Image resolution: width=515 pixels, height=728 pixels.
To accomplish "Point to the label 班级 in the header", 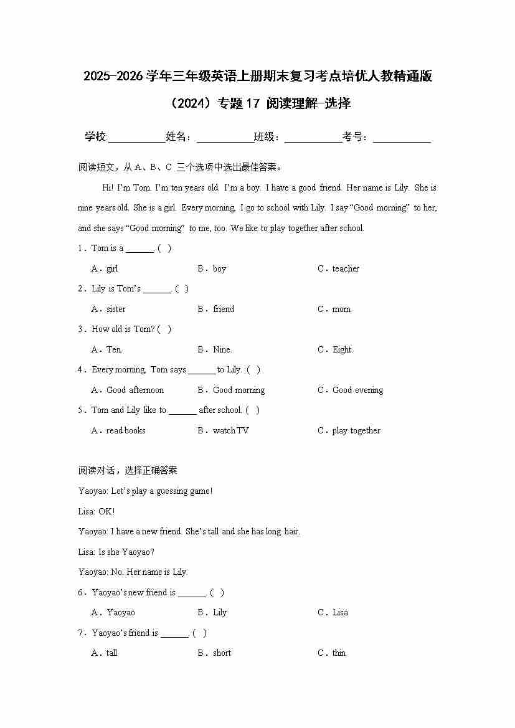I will coord(264,137).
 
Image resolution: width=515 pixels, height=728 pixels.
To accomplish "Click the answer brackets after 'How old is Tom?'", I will coord(164,329).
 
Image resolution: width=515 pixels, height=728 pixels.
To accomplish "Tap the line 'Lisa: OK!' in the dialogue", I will coord(97,511).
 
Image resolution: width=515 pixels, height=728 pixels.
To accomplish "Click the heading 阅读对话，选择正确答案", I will coord(128,470).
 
